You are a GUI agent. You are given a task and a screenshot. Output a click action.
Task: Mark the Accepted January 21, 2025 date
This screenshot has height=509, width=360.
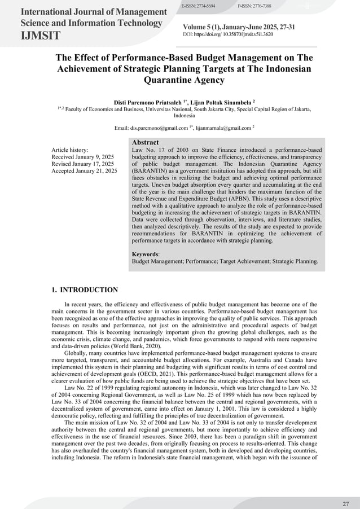tap(84, 170)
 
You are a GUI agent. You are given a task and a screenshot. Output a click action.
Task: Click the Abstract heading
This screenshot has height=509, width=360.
tap(145, 142)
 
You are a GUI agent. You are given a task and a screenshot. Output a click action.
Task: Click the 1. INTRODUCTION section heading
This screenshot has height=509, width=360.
tap(85, 290)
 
